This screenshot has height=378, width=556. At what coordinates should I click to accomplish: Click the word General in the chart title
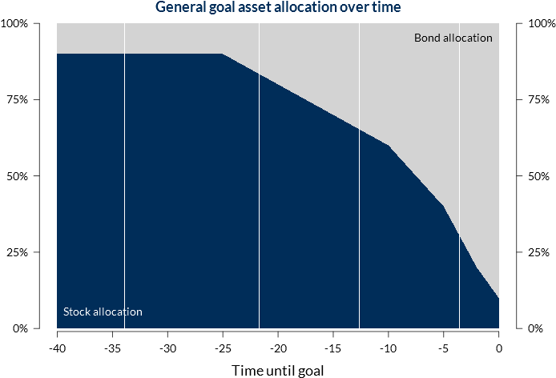tap(180, 8)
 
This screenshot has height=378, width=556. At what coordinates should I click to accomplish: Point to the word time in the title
tap(385, 8)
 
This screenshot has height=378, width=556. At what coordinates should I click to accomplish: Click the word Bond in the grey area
tap(427, 38)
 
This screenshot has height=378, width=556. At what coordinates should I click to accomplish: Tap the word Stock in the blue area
tap(78, 312)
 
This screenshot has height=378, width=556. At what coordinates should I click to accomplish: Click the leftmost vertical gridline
tap(125, 176)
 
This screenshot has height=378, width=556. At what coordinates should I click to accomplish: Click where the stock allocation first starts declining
tap(222, 54)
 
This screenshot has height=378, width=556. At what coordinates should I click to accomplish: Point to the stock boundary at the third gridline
tap(359, 130)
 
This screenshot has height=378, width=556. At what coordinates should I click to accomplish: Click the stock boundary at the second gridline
tap(260, 75)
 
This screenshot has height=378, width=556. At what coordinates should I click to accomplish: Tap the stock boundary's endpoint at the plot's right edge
tap(498, 299)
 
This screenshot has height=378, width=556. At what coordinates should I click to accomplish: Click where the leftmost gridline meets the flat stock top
tap(125, 54)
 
